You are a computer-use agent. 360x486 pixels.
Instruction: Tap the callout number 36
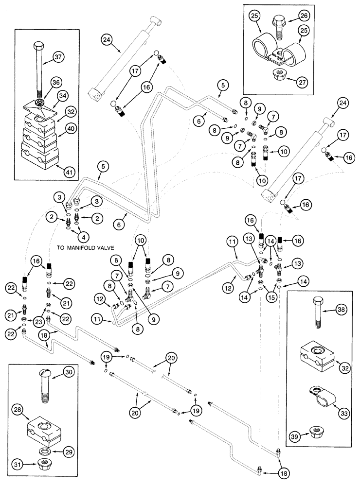56,83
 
